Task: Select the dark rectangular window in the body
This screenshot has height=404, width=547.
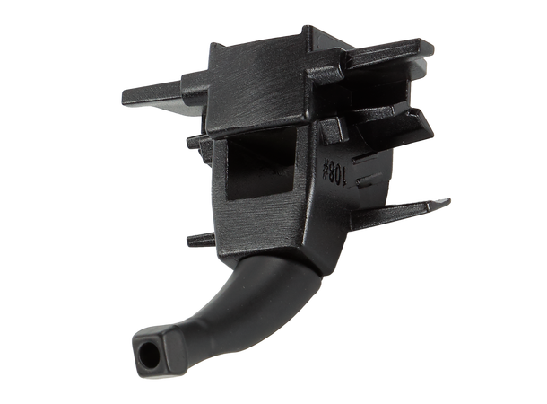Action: click(261, 168)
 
